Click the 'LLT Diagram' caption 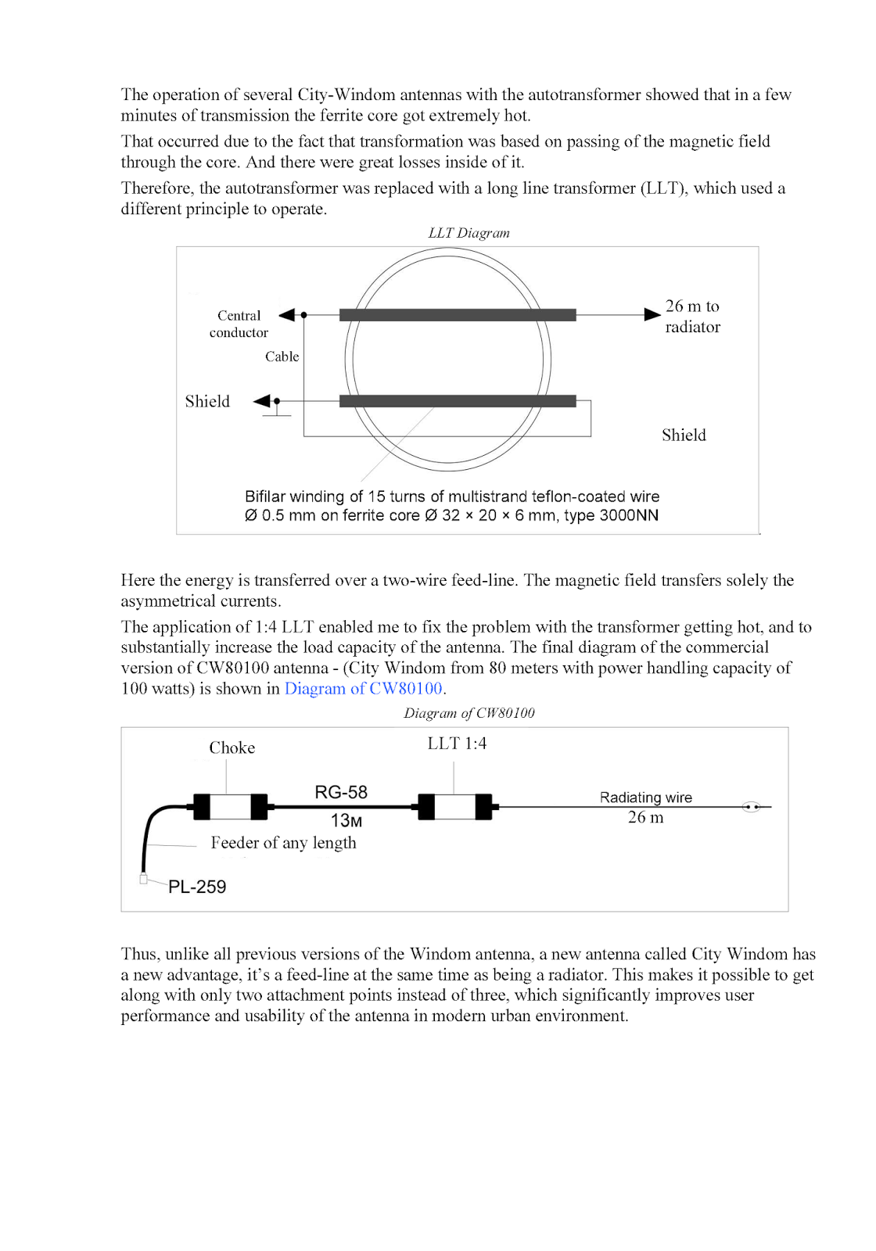[469, 233]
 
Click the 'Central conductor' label [239, 324]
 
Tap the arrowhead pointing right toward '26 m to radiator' [652, 314]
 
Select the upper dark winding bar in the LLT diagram [458, 315]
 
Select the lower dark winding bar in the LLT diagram [458, 401]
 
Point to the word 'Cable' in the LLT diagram [282, 357]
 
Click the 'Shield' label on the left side [207, 401]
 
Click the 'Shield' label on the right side [684, 435]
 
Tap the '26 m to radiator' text [692, 316]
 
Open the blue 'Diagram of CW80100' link [364, 689]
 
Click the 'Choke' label [232, 747]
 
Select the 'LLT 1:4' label [457, 744]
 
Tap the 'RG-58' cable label [341, 792]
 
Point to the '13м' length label [346, 820]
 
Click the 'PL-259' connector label [197, 887]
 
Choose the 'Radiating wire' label [645, 798]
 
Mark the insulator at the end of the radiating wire [751, 806]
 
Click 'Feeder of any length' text [283, 843]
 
